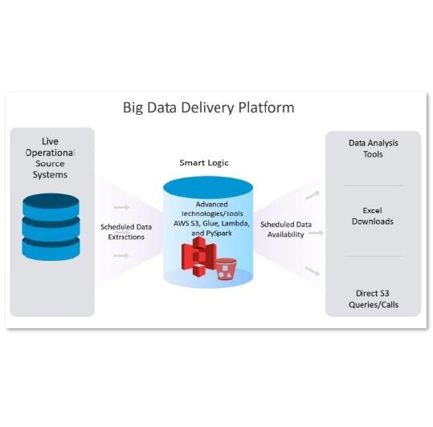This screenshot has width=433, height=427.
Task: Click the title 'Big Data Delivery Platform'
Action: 209,108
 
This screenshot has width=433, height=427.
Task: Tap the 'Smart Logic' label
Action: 204,163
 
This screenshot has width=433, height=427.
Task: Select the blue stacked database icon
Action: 51,226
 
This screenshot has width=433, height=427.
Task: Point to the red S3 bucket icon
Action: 226,269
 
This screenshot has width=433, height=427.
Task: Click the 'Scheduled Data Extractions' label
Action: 126,232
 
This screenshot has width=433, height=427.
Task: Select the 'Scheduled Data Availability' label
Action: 286,230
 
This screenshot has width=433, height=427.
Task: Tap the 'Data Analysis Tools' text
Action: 373,148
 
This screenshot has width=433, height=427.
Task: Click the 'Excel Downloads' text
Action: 373,216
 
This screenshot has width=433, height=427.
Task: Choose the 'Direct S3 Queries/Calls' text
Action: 374,299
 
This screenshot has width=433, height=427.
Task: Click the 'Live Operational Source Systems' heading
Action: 50,158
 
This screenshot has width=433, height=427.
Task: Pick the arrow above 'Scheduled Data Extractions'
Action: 121,207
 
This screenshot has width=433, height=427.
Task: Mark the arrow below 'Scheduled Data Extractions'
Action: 121,255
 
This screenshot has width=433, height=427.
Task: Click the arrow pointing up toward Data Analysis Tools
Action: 312,195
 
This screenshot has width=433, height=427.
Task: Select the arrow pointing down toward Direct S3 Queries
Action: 312,271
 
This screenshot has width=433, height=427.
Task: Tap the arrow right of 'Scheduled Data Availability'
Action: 316,233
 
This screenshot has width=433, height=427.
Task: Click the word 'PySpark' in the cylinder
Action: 219,234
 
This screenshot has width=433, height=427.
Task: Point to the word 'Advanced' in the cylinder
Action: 212,205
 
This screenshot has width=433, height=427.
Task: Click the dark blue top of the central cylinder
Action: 208,188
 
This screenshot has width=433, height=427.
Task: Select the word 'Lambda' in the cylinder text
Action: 235,223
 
